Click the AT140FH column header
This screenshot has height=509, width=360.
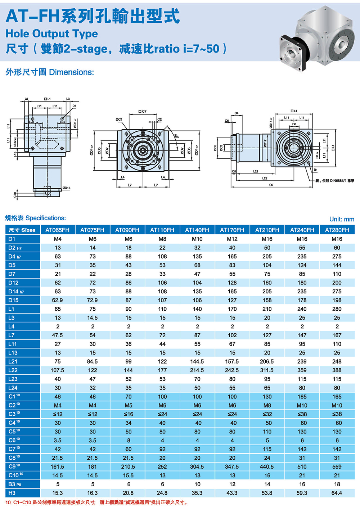(x=197, y=230)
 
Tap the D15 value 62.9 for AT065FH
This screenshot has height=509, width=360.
(x=58, y=300)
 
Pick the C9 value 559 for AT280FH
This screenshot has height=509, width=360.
(x=337, y=467)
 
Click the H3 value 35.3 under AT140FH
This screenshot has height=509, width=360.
(x=197, y=493)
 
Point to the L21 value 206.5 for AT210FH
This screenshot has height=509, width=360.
(x=267, y=361)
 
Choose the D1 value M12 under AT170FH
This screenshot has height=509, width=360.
(x=232, y=239)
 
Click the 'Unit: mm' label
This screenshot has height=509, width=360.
(x=342, y=219)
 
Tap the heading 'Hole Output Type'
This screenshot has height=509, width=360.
(x=51, y=33)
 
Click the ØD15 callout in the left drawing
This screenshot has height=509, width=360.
(x=66, y=188)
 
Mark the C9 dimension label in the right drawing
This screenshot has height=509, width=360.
(x=271, y=185)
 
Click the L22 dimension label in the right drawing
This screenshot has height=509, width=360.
(x=265, y=178)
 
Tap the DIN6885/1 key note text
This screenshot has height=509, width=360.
(x=335, y=181)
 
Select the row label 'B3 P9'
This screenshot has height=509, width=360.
(x=15, y=484)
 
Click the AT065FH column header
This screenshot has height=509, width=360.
(x=58, y=230)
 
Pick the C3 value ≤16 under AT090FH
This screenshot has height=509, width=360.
(x=129, y=414)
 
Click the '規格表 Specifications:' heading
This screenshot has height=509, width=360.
(x=35, y=218)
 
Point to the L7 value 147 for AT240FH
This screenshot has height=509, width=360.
(x=302, y=335)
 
